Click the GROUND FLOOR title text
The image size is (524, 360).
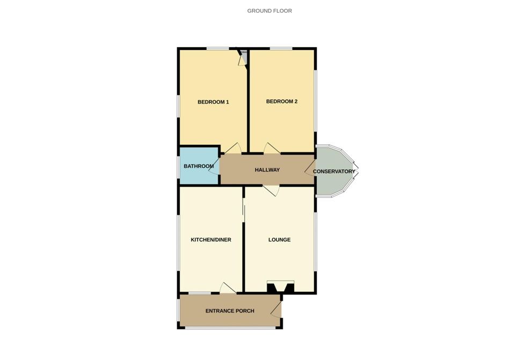[x=270, y=11]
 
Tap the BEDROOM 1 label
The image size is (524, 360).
[x=213, y=102]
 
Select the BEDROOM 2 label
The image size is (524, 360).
[x=281, y=101]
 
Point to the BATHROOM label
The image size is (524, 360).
[x=199, y=166]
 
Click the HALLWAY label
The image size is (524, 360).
[x=267, y=170]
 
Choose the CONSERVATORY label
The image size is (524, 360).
[x=334, y=172]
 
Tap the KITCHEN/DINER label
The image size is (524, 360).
[x=211, y=240]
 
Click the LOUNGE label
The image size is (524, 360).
[x=279, y=240]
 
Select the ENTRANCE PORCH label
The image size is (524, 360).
[x=230, y=311]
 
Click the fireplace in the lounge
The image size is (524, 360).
[x=280, y=287]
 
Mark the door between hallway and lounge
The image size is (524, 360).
[x=271, y=189]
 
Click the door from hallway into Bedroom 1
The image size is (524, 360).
[x=232, y=149]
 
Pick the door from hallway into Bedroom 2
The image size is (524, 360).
[x=272, y=149]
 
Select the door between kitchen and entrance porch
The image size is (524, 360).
[x=228, y=288]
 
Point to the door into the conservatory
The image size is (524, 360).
[x=310, y=171]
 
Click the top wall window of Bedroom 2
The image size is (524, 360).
[x=281, y=49]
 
